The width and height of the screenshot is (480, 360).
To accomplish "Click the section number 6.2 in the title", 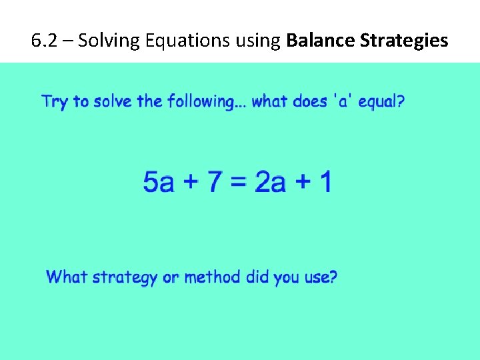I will coord(43,41).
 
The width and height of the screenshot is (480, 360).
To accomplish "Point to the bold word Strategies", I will coord(404,41).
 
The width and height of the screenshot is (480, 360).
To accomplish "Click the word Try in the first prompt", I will coord(55,102).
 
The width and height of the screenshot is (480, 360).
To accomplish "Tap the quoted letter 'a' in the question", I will coord(337,102).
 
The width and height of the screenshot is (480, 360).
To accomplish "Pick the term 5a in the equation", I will coord(159,182).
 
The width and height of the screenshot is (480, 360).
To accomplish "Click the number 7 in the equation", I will coord(215,182).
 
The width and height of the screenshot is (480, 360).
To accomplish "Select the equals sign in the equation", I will coord(239,182).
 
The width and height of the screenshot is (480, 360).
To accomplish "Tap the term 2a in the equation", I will coord(270,182).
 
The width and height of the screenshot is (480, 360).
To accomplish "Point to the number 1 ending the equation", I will coord(324,182).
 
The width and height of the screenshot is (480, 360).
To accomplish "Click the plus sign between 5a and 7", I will coord(190,182).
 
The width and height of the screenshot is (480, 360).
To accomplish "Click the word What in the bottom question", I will coord(67,277).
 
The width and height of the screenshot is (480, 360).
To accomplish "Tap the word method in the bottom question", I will coord(213,277).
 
